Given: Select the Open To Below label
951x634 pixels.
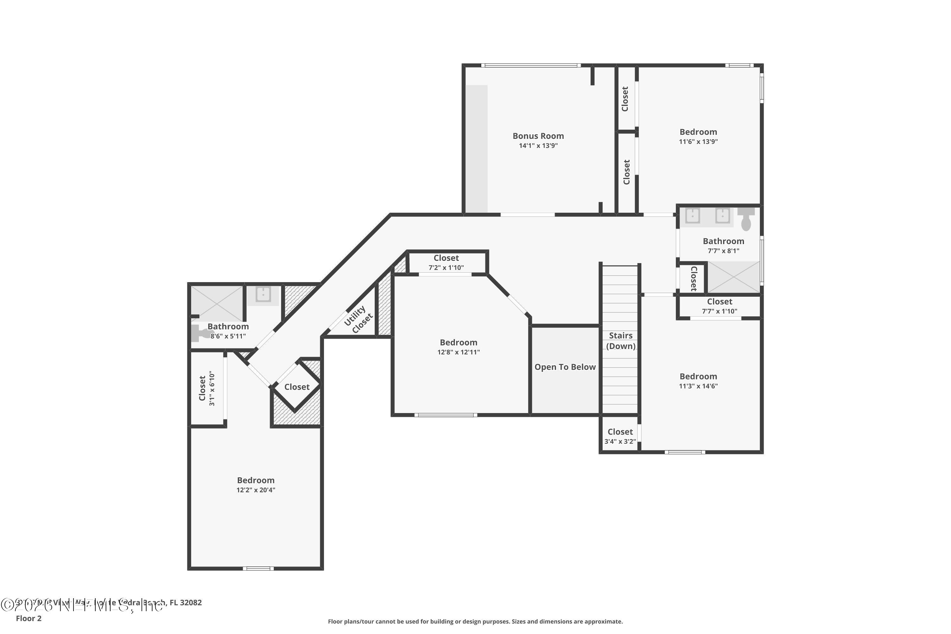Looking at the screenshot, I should pos(565,367).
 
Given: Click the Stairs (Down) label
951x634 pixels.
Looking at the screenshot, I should pos(620,341).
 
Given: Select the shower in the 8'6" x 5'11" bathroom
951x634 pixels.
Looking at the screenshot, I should pos(217,303).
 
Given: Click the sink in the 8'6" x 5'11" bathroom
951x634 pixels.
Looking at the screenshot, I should pos(263,295).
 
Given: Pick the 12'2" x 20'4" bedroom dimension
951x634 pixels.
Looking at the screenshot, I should pos(256,490).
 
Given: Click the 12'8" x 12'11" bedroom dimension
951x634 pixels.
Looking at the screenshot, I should pos(458,352).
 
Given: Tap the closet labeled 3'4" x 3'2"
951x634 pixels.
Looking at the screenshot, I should pos(620,436).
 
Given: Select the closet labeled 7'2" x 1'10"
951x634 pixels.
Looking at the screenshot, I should pos(446,262).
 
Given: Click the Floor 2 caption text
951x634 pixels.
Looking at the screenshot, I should pos(29,618).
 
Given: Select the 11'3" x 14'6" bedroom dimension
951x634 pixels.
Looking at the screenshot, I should pos(698,386).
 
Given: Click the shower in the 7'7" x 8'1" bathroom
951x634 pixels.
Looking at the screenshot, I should pos(733,277).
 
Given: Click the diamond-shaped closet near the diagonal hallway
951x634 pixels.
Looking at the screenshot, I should pos(297,387).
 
